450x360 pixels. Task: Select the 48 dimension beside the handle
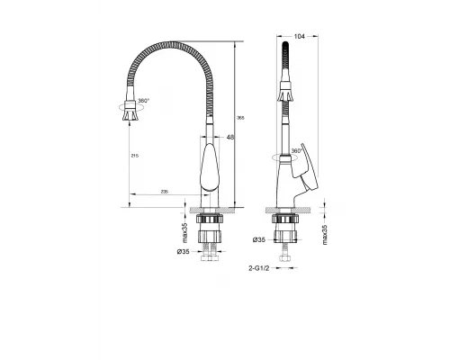point(230,137)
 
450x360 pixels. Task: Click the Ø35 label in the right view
point(259,239)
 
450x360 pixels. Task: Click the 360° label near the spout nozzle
point(143,103)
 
